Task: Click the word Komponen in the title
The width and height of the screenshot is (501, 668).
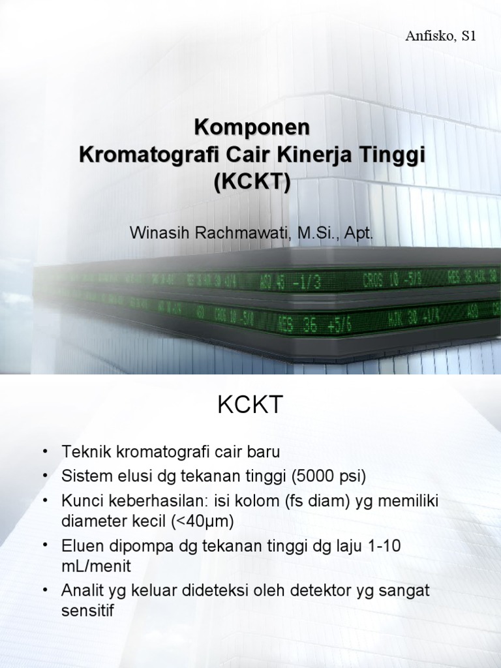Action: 251,127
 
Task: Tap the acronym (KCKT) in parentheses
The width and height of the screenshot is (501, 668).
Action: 251,183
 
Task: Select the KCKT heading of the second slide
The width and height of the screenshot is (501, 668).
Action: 250,406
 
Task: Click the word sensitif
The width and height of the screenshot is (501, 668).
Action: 88,612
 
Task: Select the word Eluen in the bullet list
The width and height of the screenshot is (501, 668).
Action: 80,547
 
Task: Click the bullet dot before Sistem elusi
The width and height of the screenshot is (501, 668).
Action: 45,477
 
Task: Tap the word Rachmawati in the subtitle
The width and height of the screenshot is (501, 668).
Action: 235,234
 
